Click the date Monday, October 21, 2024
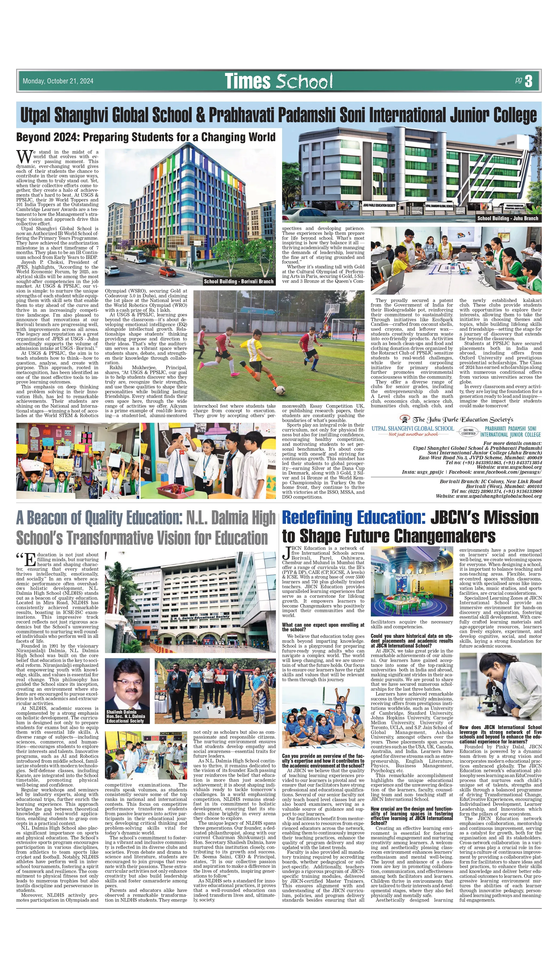58,81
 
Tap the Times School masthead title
278,81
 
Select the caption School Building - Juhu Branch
507,218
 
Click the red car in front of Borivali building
167,271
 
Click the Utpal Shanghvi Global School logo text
412,428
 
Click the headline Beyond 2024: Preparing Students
146,137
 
